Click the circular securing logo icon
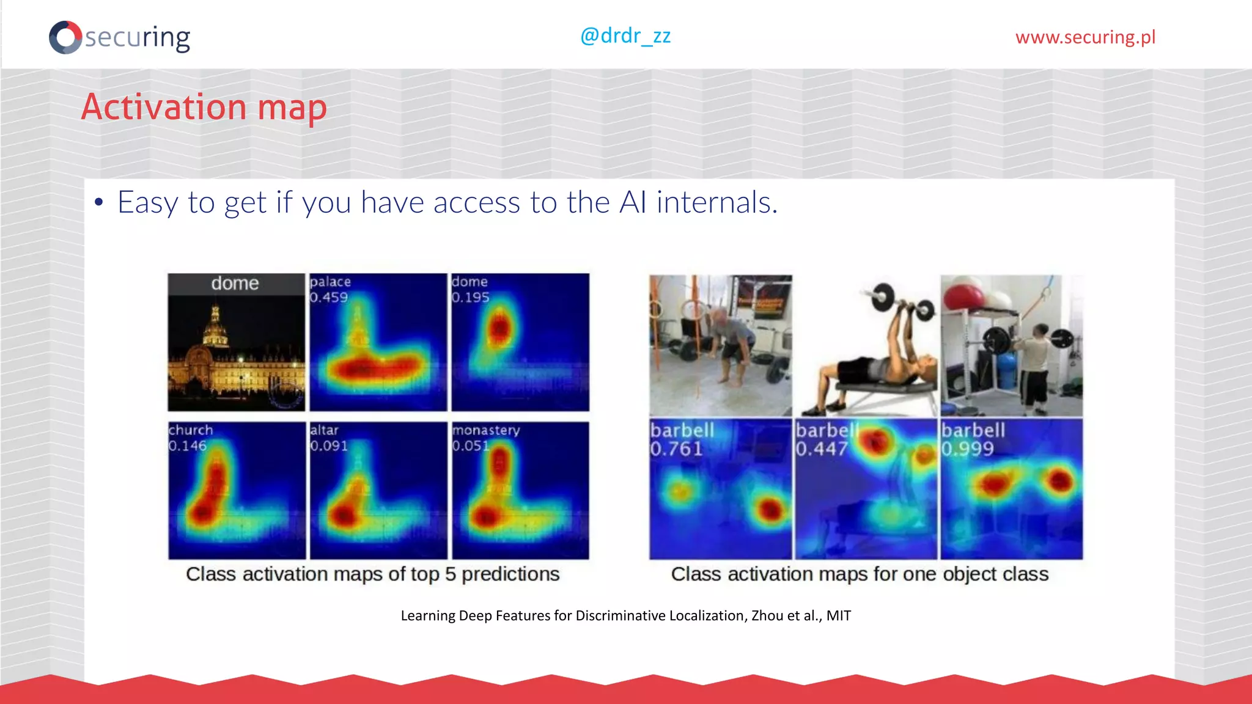[x=65, y=37]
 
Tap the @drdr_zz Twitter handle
[x=625, y=36]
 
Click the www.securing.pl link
[x=1085, y=37]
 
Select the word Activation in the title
[x=164, y=108]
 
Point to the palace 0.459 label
[x=330, y=290]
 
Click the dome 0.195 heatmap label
[x=470, y=290]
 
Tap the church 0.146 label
[x=190, y=438]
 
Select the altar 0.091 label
[x=329, y=438]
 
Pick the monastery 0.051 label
[x=485, y=438]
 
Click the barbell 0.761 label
[x=681, y=439]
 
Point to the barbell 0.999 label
[x=972, y=439]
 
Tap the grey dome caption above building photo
[x=235, y=284]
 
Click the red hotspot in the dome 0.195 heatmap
[x=499, y=329]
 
